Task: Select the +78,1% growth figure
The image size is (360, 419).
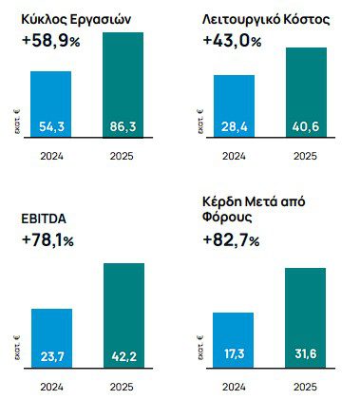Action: (x=53, y=241)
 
